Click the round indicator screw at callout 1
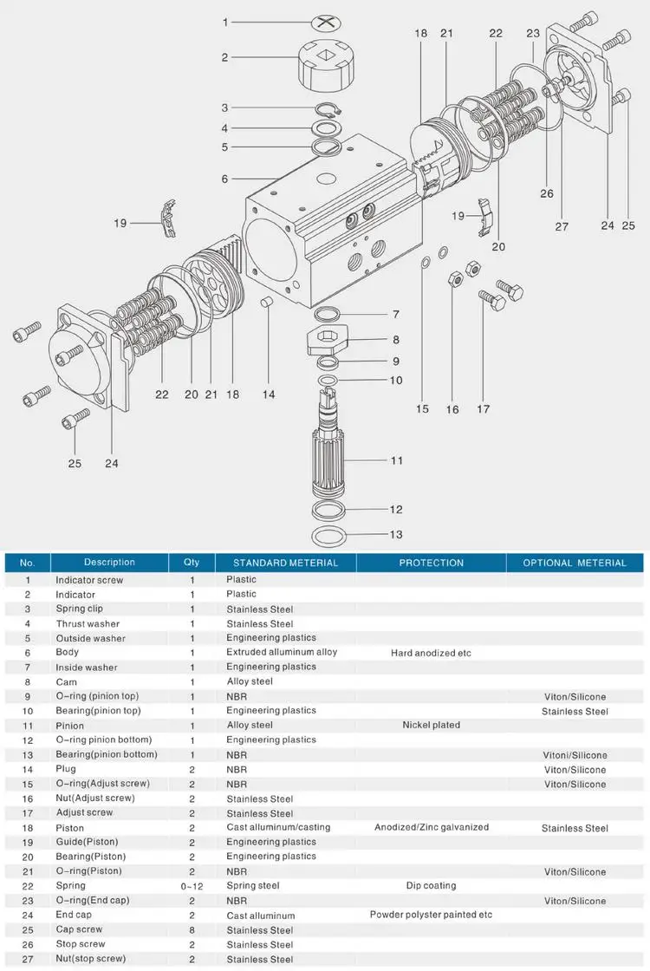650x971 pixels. tap(326, 23)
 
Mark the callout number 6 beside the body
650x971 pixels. tap(224, 179)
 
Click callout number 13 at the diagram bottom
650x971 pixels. tap(396, 535)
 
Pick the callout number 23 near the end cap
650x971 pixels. tap(533, 34)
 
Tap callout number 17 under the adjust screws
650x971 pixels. tap(483, 408)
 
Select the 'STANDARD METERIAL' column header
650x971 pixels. tap(285, 563)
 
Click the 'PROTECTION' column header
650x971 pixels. tap(431, 563)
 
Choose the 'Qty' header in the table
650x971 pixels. tap(192, 563)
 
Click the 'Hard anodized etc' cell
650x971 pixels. tap(431, 653)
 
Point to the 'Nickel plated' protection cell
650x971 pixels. tap(431, 725)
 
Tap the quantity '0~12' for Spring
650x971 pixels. tap(192, 886)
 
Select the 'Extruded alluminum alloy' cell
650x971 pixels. tap(282, 652)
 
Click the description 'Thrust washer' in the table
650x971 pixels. tap(88, 623)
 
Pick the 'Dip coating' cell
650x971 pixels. tap(431, 886)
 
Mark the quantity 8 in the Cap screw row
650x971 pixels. tap(192, 930)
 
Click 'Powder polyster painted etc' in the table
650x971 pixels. tap(431, 915)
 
